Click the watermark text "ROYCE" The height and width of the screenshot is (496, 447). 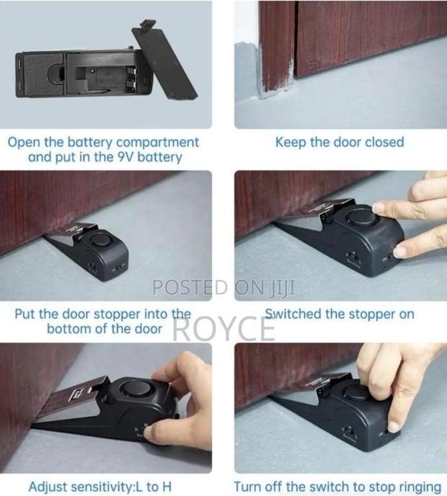[x=224, y=329]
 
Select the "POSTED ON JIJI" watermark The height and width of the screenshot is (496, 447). [x=223, y=288]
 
